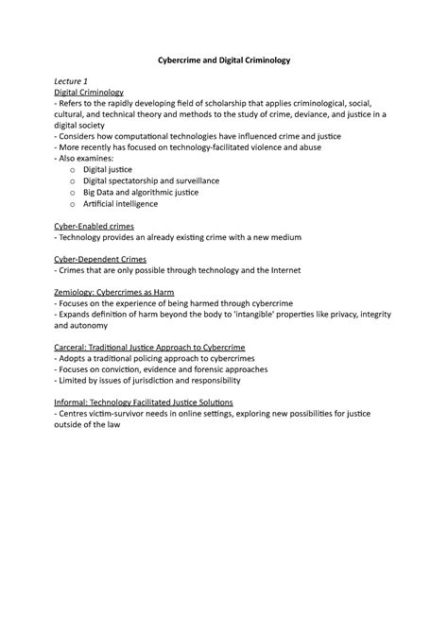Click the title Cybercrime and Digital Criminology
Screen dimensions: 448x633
coord(223,59)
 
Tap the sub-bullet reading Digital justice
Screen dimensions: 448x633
coord(137,169)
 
